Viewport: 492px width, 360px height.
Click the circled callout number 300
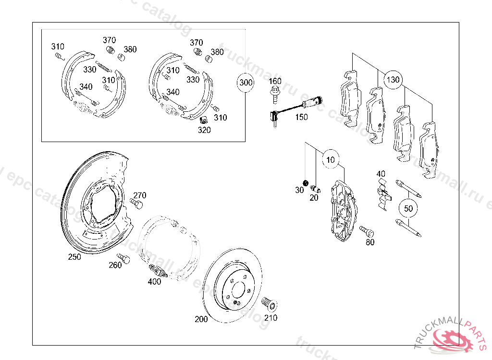[x=246, y=83]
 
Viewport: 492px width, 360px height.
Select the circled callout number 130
[x=393, y=80]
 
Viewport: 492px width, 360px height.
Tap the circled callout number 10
[x=330, y=160]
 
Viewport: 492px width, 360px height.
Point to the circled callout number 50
[x=408, y=208]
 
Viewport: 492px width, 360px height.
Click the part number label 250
[x=74, y=257]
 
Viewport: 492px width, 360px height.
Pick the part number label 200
[x=201, y=319]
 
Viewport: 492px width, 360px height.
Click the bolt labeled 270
[x=136, y=204]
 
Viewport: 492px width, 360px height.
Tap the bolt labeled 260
[x=124, y=259]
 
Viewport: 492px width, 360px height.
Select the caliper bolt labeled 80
[x=367, y=231]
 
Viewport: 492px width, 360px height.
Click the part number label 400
[x=154, y=282]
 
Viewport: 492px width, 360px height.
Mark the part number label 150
[x=301, y=117]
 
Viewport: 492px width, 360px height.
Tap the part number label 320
[x=204, y=130]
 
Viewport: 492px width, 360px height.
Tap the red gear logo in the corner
[x=454, y=338]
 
